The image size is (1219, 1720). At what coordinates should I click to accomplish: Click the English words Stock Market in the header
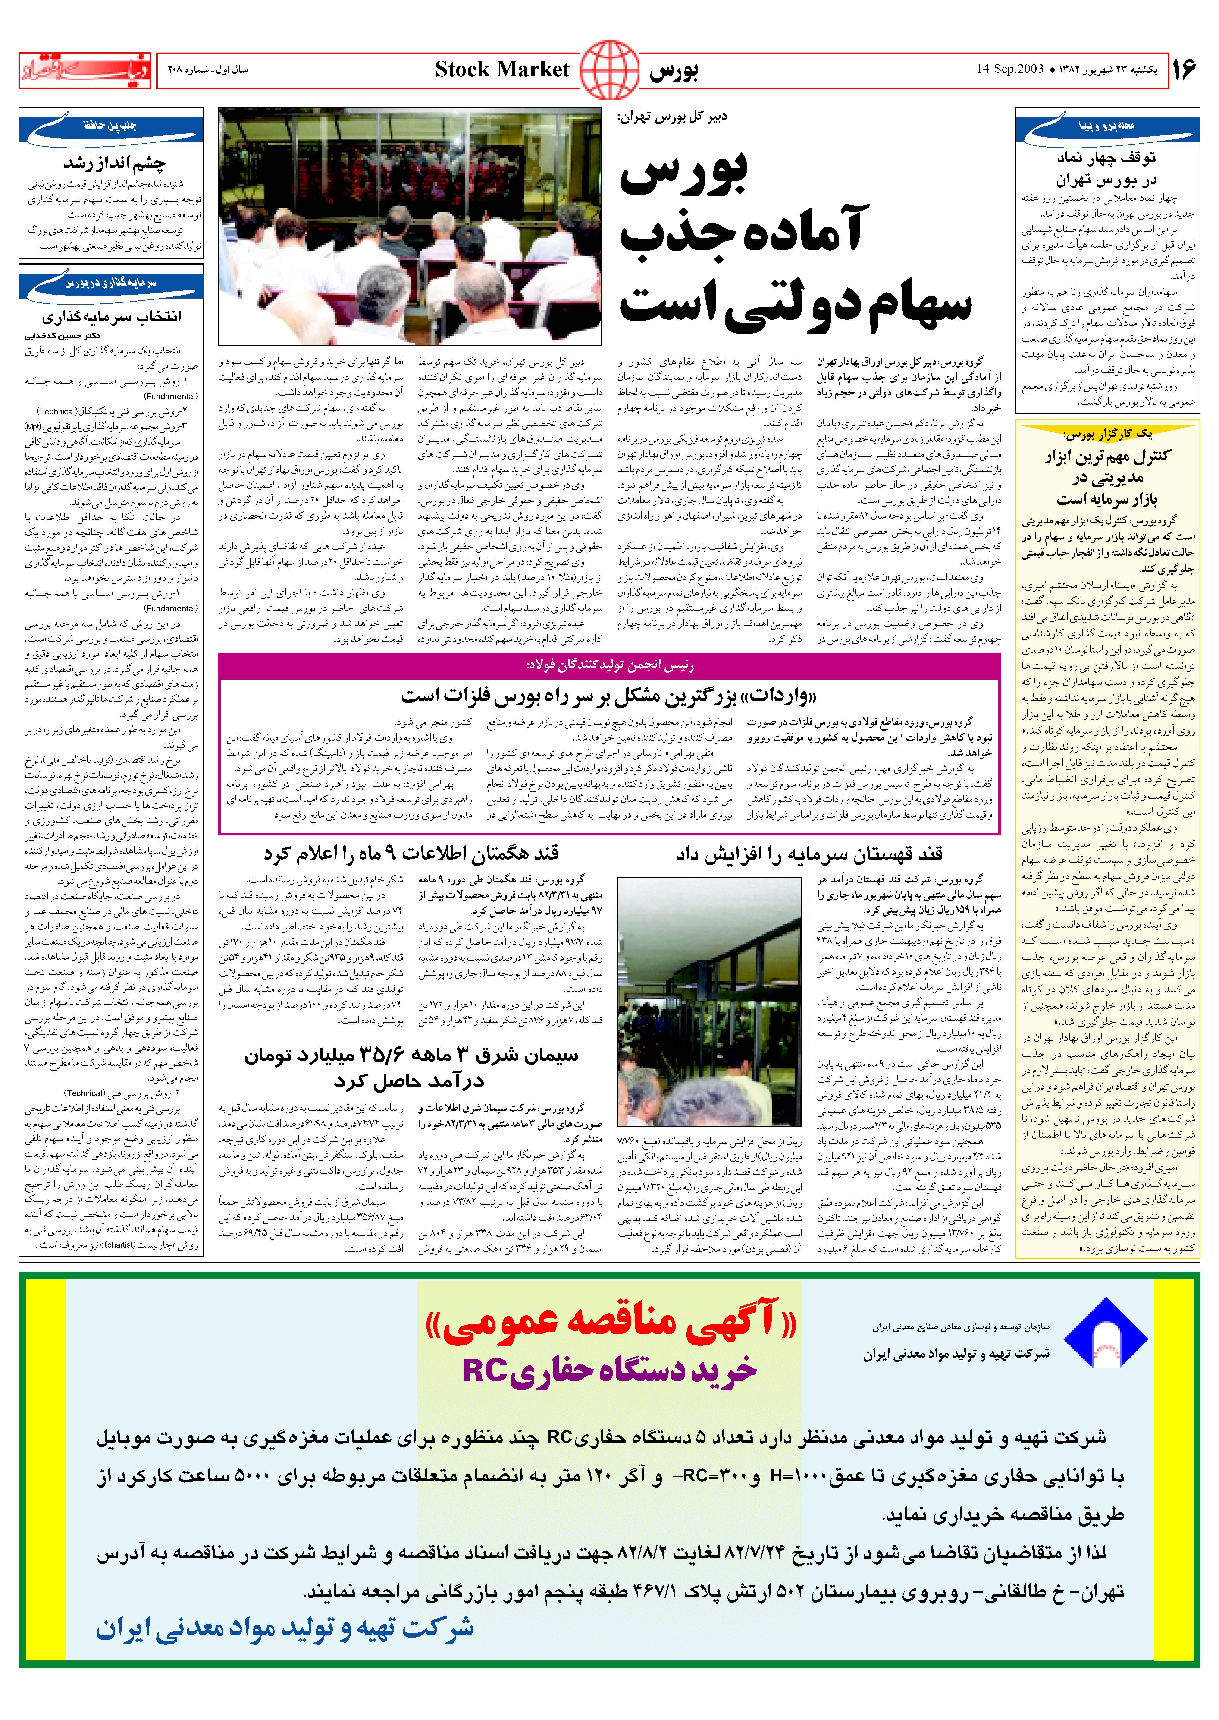point(502,70)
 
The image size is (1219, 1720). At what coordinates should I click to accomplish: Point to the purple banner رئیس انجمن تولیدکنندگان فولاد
point(609,665)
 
